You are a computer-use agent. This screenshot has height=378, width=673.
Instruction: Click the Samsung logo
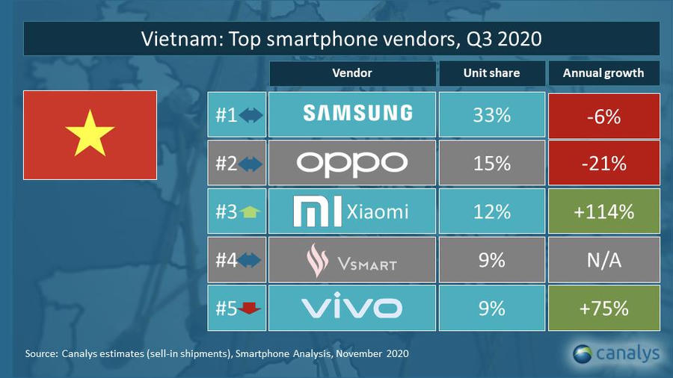[357, 114]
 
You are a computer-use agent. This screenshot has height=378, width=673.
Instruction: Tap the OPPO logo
[351, 163]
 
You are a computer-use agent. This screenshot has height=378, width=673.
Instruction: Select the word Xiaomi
[378, 211]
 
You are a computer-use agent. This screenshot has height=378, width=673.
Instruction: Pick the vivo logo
[351, 307]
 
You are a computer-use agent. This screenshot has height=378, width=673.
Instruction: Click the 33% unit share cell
[491, 115]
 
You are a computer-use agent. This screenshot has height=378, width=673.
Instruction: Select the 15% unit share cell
[491, 163]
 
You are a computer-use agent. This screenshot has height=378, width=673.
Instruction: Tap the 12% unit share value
[491, 211]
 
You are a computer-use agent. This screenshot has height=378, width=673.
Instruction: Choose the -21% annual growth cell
[603, 163]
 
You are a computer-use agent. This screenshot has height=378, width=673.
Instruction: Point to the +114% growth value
[603, 211]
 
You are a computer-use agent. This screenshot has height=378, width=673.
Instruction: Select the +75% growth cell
[603, 307]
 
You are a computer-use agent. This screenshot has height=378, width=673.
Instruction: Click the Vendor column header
[351, 73]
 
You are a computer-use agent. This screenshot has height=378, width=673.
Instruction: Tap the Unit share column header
[491, 73]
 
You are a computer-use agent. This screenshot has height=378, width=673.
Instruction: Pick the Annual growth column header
[603, 73]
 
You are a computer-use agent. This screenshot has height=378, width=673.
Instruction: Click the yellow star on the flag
[90, 134]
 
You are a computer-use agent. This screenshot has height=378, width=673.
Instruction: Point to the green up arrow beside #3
[251, 212]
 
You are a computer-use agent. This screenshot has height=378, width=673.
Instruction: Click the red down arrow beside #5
[251, 308]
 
